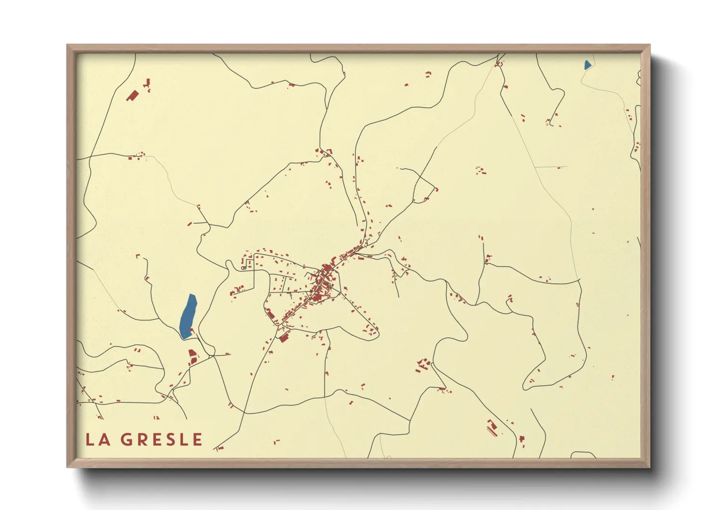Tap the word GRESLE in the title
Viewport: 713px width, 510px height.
point(161,440)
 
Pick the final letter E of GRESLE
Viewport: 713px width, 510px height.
point(197,440)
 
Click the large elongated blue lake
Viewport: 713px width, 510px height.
point(187,316)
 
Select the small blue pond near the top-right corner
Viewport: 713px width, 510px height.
point(587,65)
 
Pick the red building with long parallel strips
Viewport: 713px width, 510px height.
point(491,427)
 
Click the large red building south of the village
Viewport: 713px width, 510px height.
point(284,338)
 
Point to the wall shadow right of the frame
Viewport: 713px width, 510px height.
point(667,260)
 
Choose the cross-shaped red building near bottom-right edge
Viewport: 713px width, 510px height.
point(521,439)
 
